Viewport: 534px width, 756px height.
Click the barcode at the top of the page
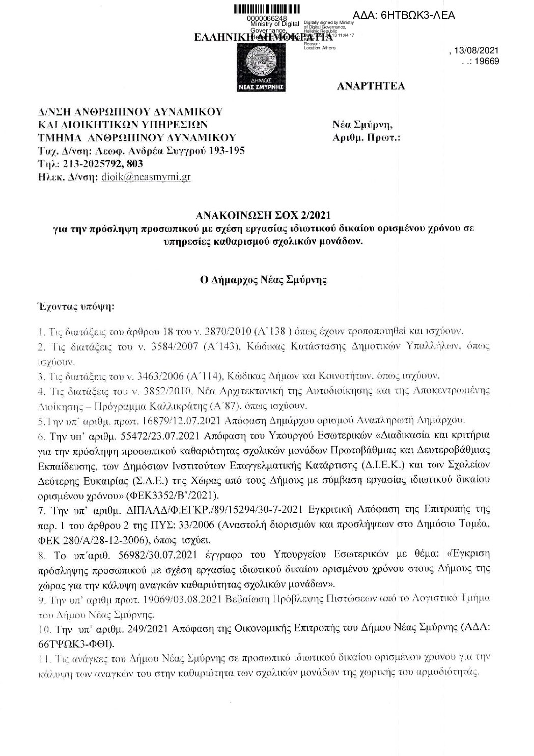(x=266, y=9)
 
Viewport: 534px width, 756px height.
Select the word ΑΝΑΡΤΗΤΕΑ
(x=371, y=85)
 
